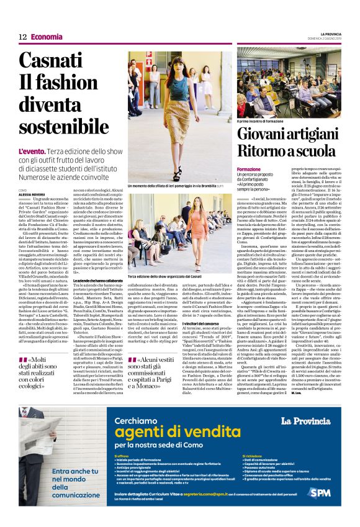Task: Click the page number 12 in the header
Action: coord(22,37)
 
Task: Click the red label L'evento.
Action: coord(30,151)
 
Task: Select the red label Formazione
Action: coord(249,169)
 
